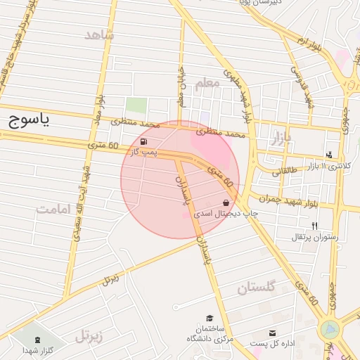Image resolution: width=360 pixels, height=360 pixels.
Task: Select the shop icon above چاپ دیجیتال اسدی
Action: (225, 202)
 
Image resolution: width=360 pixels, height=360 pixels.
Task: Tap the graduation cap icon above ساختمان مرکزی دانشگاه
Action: (209, 319)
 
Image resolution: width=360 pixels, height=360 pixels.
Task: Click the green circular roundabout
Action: (329, 329)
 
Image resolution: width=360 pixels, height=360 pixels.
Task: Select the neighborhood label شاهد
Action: (98, 34)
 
